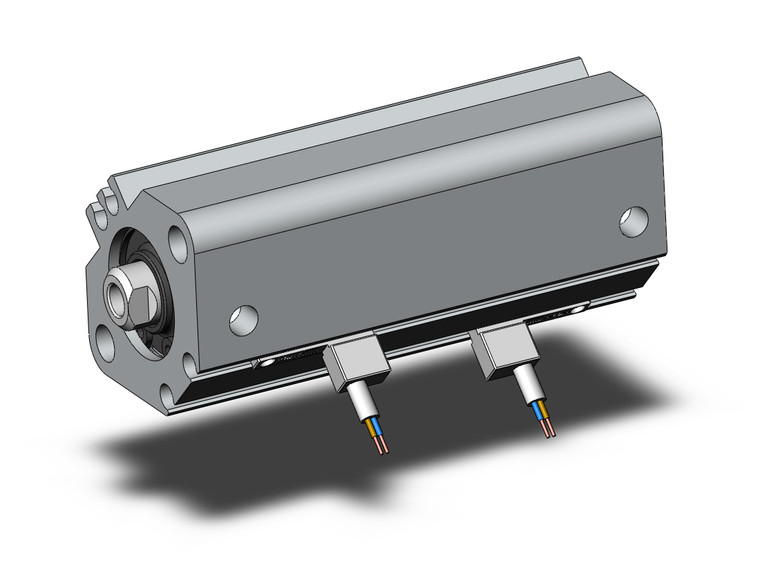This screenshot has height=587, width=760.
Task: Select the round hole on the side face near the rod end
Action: pyautogui.click(x=243, y=319)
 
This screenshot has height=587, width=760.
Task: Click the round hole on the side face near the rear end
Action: pyautogui.click(x=632, y=221)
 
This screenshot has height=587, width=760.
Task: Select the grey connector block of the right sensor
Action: pyautogui.click(x=504, y=352)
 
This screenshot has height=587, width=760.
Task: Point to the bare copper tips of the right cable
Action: pyautogui.click(x=548, y=431)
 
